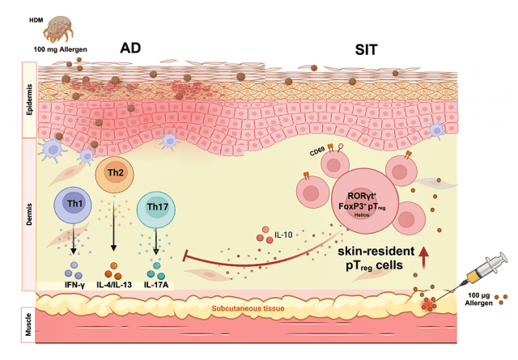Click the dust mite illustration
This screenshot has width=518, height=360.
pyautogui.click(x=58, y=30)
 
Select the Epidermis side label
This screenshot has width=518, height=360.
pyautogui.click(x=26, y=104)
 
